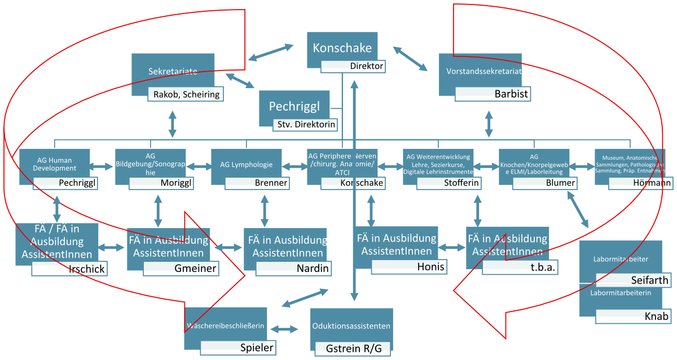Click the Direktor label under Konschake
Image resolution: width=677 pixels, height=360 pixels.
pos(366,67)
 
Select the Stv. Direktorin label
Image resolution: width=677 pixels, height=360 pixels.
pos(305,125)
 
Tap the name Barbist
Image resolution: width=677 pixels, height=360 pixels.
pos(511,94)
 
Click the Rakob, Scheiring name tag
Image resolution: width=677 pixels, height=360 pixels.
pos(186,94)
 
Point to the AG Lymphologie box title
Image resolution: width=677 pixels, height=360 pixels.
pos(247,165)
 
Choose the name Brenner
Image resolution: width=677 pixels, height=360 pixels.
pos(271,183)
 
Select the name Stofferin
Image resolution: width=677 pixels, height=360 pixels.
pos(461,183)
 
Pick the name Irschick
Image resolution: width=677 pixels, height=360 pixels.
pos(86,269)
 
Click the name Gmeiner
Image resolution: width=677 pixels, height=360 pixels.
pos(195,269)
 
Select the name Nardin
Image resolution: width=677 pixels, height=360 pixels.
pos(313,269)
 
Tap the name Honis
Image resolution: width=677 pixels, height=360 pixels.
pos(430,267)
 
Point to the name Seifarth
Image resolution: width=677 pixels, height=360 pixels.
pos(649,280)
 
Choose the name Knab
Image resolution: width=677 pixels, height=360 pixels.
pos(656,317)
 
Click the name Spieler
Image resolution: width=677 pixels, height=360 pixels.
pos(257,348)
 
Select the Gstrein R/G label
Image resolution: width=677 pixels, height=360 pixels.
pos(353,349)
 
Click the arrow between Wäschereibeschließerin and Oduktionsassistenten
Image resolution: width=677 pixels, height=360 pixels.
pos(288,329)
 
